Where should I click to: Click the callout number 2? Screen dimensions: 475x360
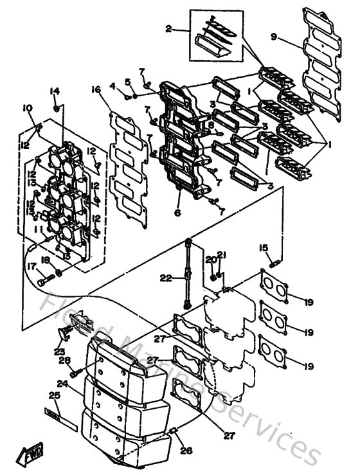pyautogui.click(x=168, y=28)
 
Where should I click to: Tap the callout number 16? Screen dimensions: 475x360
pyautogui.click(x=96, y=89)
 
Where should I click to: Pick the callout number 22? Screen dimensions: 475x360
pyautogui.click(x=165, y=278)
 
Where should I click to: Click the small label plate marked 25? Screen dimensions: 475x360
pyautogui.click(x=60, y=424)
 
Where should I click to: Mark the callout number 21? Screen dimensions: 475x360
pyautogui.click(x=220, y=256)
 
